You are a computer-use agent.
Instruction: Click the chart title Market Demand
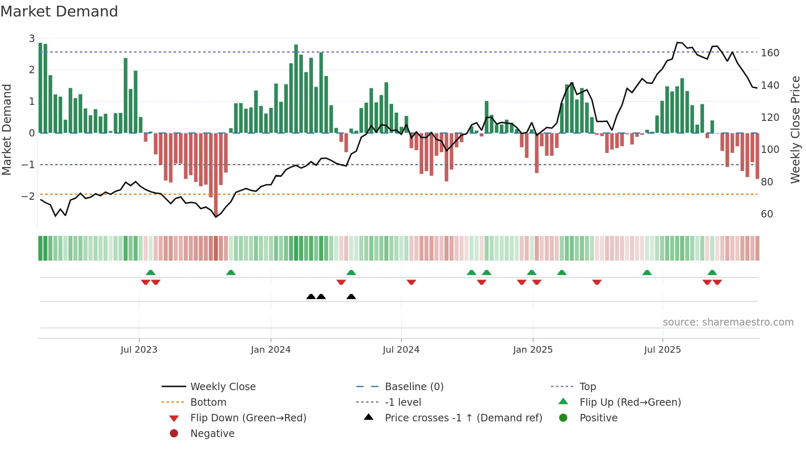click(59, 12)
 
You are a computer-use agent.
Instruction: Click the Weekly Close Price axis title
click(795, 129)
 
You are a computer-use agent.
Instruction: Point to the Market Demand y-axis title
click(7, 129)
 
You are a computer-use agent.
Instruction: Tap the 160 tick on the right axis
click(770, 53)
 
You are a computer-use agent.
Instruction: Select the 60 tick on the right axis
click(767, 214)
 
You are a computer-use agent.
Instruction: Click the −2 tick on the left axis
click(28, 196)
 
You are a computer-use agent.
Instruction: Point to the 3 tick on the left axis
click(32, 39)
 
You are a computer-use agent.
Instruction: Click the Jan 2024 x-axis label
click(271, 350)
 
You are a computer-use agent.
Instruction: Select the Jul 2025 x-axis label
click(662, 350)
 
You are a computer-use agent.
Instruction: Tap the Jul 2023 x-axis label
click(139, 350)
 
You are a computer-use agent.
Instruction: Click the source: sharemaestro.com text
click(728, 322)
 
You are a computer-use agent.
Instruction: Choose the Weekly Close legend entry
click(222, 387)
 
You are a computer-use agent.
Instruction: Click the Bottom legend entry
click(208, 402)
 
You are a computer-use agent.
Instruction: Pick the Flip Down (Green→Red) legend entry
click(248, 418)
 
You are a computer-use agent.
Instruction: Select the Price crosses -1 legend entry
click(463, 418)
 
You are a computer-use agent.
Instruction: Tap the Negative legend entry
click(212, 434)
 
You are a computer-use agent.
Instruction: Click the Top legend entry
click(587, 387)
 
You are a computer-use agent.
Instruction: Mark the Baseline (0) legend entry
click(414, 387)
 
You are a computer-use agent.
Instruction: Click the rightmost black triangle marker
click(351, 297)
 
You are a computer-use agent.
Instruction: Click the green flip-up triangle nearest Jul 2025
click(647, 273)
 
